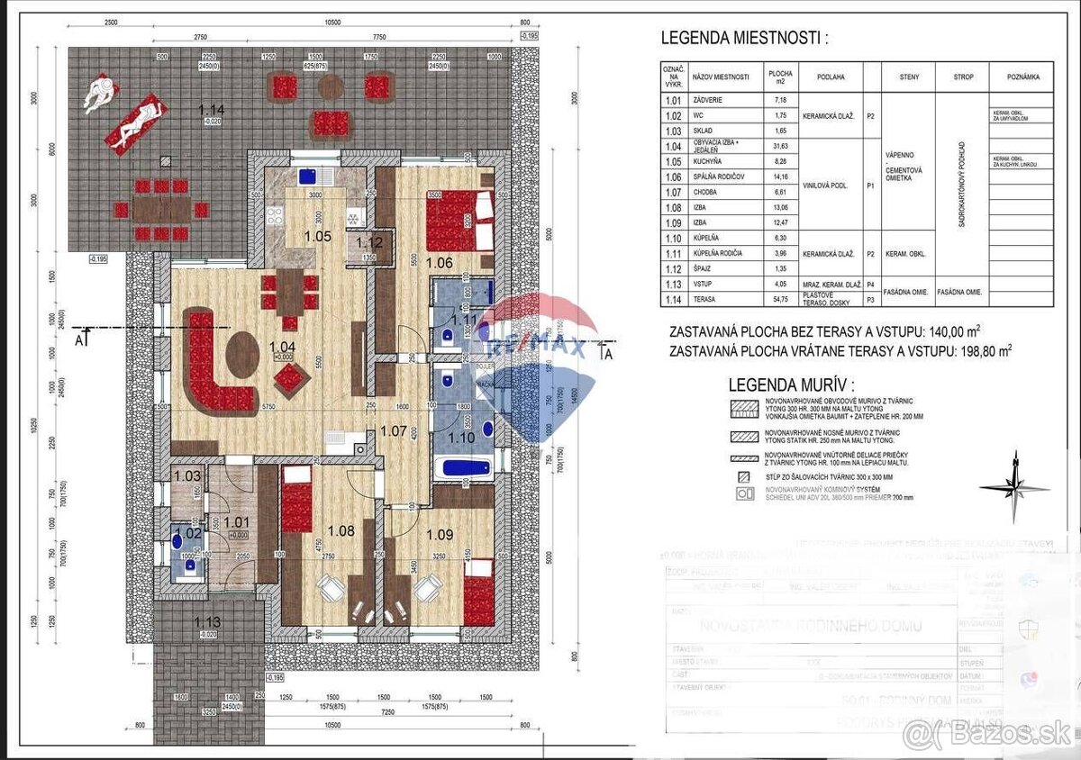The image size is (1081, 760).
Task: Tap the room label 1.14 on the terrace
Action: pos(214,111)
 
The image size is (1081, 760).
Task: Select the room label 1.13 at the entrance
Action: pos(210,622)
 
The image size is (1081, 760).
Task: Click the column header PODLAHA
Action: pos(831,77)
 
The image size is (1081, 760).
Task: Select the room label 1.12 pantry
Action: pos(370,242)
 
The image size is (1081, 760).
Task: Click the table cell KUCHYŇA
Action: pos(707,161)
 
